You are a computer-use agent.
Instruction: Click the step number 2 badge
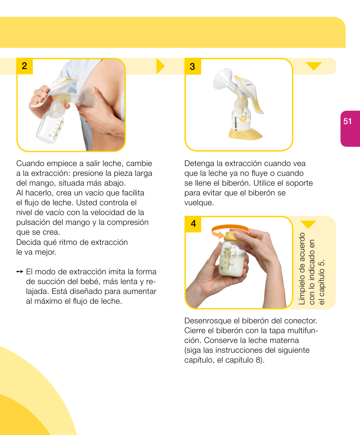point(25,66)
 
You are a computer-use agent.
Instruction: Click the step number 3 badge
point(192,66)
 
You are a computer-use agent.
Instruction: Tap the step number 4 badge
point(193,224)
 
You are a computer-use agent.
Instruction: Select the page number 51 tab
point(348,121)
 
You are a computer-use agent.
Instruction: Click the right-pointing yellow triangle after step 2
point(161,66)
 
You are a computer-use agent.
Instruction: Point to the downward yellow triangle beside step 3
point(314,66)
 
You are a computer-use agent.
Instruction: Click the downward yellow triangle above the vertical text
point(308,224)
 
